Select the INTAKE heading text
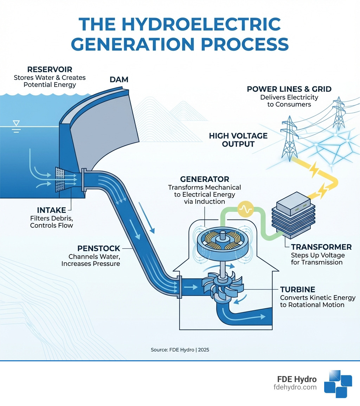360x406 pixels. tap(51, 210)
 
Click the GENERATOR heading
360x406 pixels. tap(205, 179)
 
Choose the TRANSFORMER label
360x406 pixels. tap(321, 247)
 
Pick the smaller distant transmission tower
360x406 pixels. tap(338, 113)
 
